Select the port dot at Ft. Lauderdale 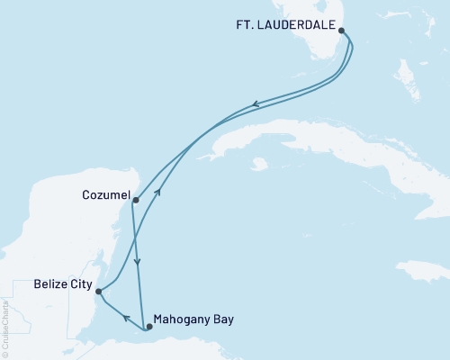click(x=341, y=30)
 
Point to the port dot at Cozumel click(x=135, y=200)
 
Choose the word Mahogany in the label click(x=182, y=319)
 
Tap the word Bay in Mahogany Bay click(x=222, y=319)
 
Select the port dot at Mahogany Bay click(x=149, y=327)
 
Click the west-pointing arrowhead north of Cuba click(x=255, y=104)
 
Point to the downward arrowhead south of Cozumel click(x=138, y=263)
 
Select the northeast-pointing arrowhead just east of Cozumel click(x=159, y=191)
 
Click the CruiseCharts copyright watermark click(x=5, y=324)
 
